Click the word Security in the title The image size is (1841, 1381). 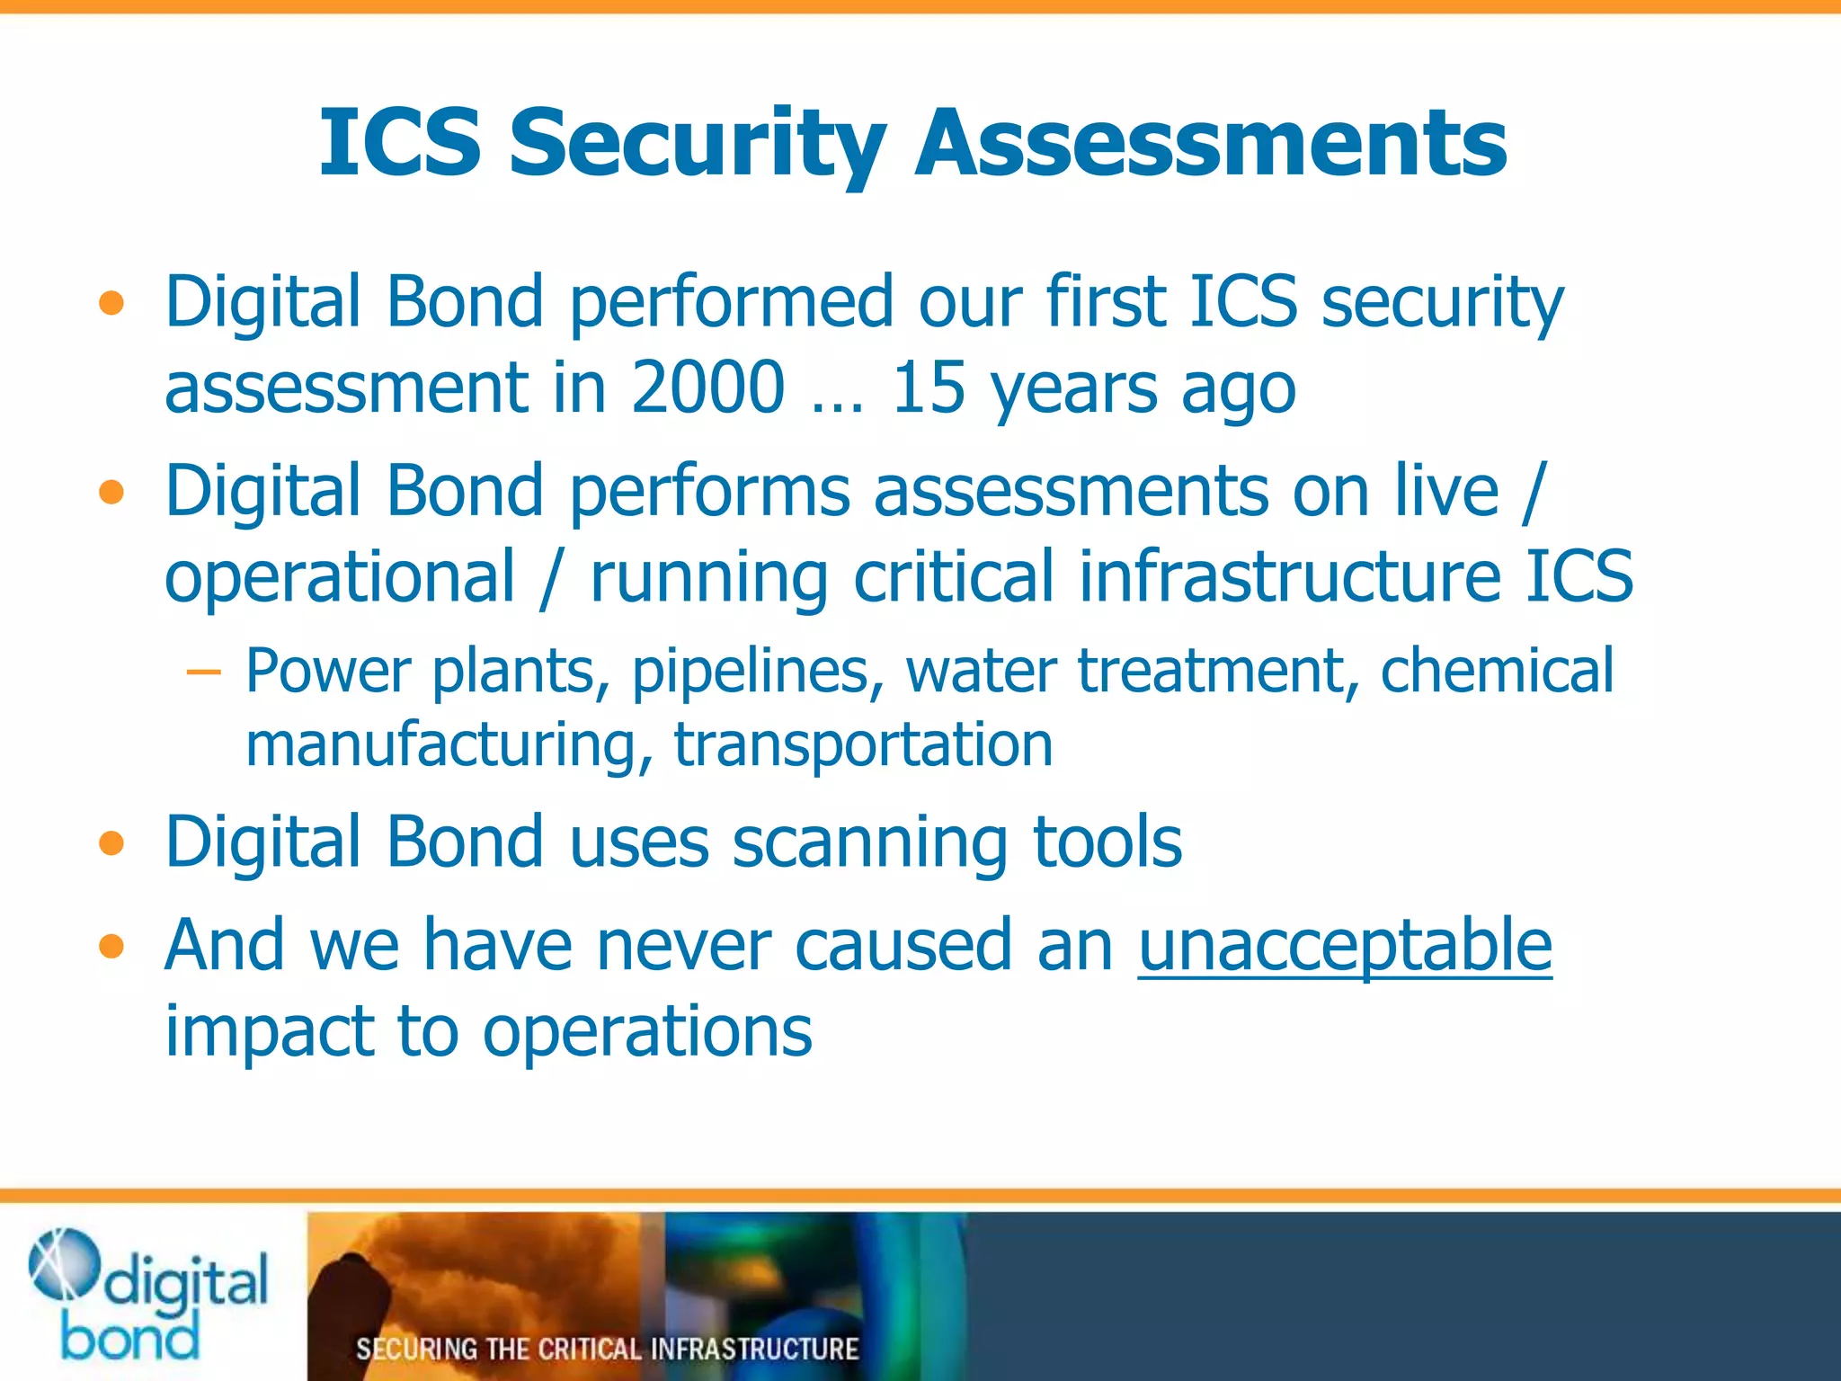(698, 144)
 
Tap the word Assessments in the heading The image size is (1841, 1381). (1210, 144)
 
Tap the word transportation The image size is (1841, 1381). (863, 744)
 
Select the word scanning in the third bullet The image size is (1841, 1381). (869, 843)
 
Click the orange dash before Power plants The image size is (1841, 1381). (203, 673)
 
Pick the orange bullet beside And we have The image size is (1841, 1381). (111, 947)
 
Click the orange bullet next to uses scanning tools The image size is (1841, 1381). (111, 843)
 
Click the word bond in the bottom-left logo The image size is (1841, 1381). (130, 1338)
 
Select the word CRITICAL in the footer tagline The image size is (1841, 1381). (591, 1349)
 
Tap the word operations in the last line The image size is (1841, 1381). (647, 1031)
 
